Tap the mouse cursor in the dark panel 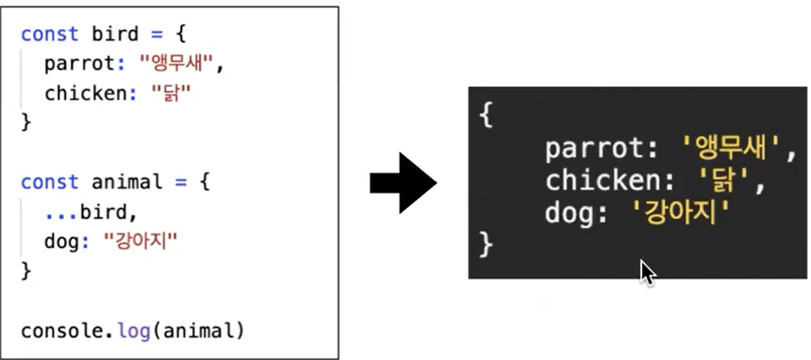tap(647, 272)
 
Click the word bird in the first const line tap(116, 35)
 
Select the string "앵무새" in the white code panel tap(177, 64)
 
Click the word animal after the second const tap(126, 182)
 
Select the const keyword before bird tap(50, 35)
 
